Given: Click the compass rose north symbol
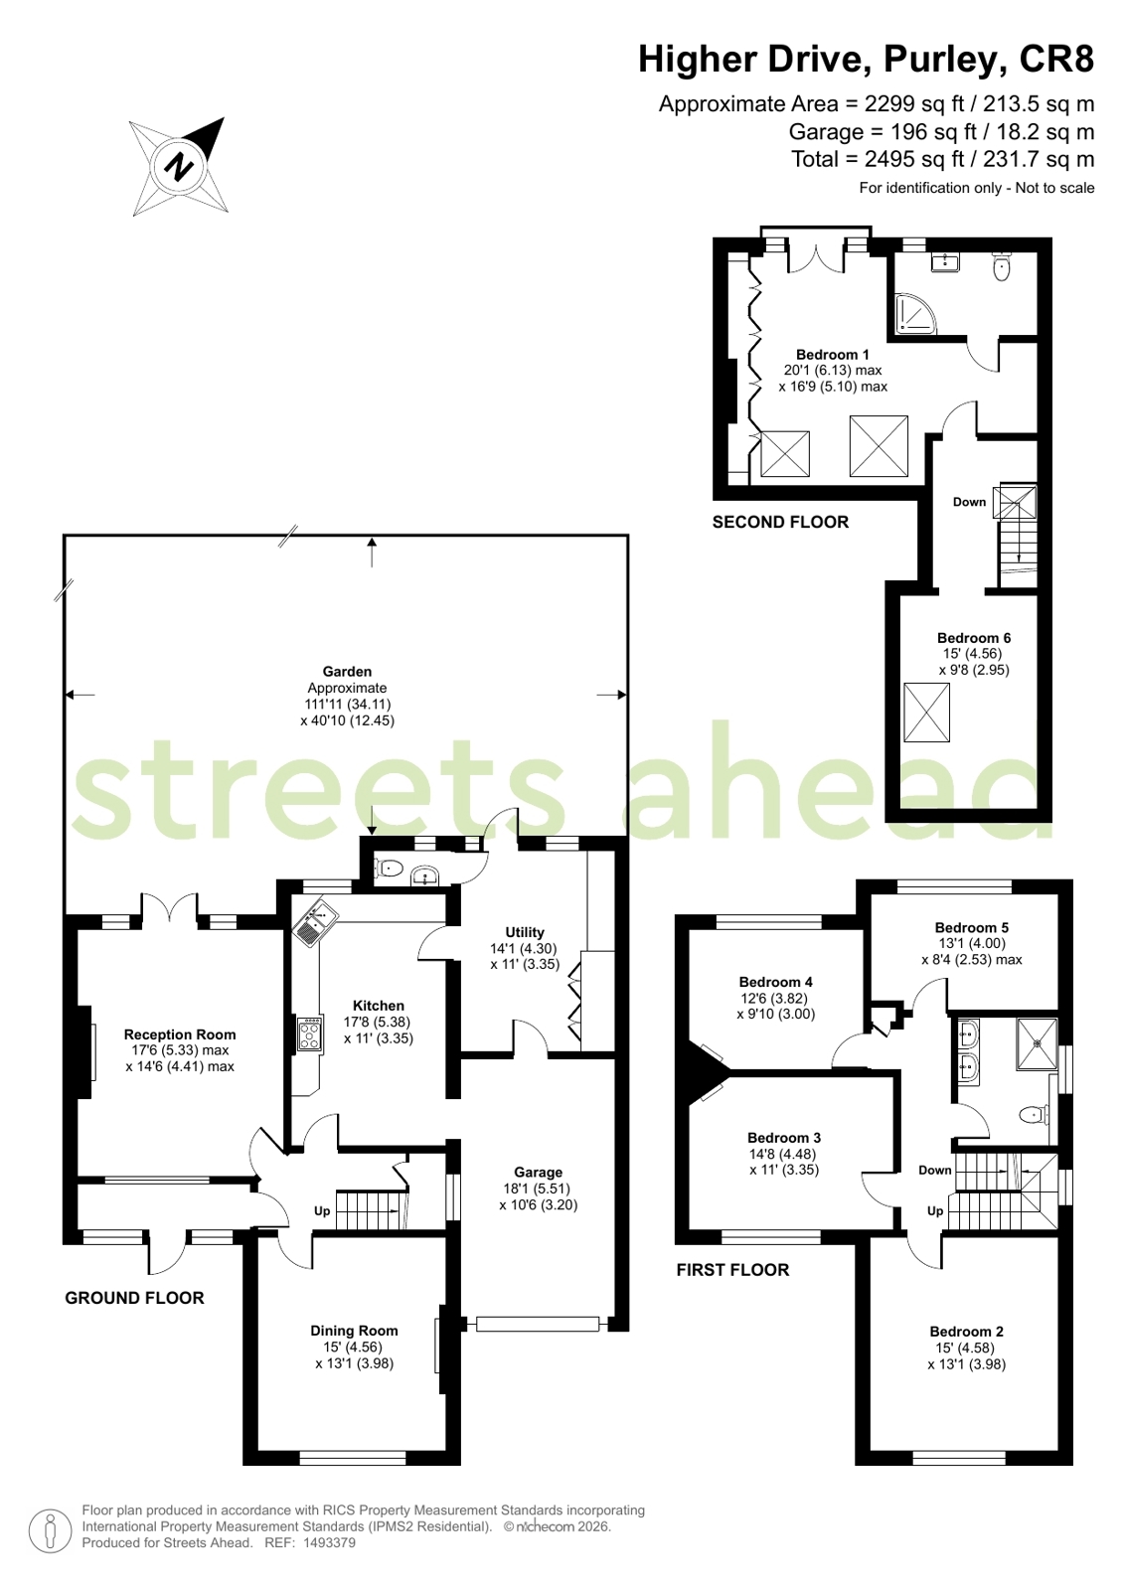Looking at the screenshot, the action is click(x=179, y=167).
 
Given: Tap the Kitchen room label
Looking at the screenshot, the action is click(x=379, y=1006).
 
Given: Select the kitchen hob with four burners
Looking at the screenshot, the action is click(x=310, y=1034).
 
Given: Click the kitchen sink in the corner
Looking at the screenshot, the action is click(x=314, y=922).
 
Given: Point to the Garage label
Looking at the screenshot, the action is click(x=538, y=1173).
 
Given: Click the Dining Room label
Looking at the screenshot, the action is click(x=354, y=1331).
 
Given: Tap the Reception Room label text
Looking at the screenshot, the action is click(x=180, y=1034).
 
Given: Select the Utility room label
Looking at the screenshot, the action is click(x=525, y=932).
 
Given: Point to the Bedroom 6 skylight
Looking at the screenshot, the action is click(x=926, y=713).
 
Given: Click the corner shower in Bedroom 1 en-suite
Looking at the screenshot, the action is click(x=915, y=314).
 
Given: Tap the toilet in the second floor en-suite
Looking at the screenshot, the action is click(x=1001, y=266).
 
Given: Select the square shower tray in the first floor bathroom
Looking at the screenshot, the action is click(x=1037, y=1043).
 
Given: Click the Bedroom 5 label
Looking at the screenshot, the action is click(x=971, y=927).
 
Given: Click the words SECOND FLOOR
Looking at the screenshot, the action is click(x=780, y=522).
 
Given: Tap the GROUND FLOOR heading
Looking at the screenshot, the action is click(x=135, y=1298).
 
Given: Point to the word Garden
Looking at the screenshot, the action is click(x=347, y=671).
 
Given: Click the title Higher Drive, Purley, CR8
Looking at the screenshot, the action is click(x=867, y=59).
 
